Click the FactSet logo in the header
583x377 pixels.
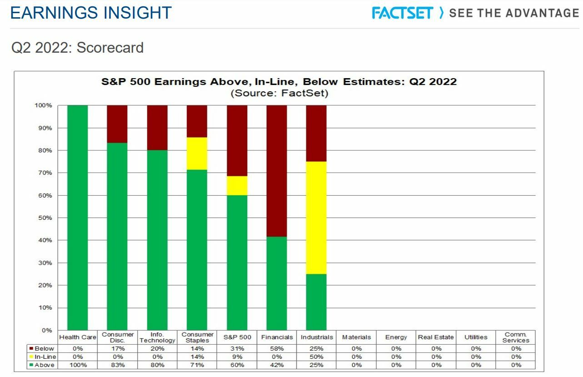pyautogui.click(x=402, y=12)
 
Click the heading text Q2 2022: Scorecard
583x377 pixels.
pyautogui.click(x=77, y=48)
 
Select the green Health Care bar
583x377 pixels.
pyautogui.click(x=77, y=218)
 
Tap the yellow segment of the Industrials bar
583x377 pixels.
pyautogui.click(x=316, y=218)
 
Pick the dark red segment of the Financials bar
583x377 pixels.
pyautogui.click(x=276, y=171)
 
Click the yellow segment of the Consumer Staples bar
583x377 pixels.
pyautogui.click(x=197, y=154)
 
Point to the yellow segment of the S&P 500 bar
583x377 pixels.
pyautogui.click(x=237, y=186)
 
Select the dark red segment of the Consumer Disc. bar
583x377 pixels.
pyautogui.click(x=117, y=124)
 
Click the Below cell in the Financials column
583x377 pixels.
pyautogui.click(x=277, y=349)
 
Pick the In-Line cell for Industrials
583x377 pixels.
pyautogui.click(x=317, y=357)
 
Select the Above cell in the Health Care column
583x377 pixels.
pyautogui.click(x=78, y=365)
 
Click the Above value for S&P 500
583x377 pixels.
pyautogui.click(x=237, y=365)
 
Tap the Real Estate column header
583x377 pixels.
pyautogui.click(x=436, y=337)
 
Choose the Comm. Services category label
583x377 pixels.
pyautogui.click(x=516, y=337)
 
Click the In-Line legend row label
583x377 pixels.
pyautogui.click(x=45, y=357)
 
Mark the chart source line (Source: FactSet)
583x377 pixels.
pyautogui.click(x=279, y=94)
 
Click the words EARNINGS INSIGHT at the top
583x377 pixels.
pyautogui.click(x=91, y=13)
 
